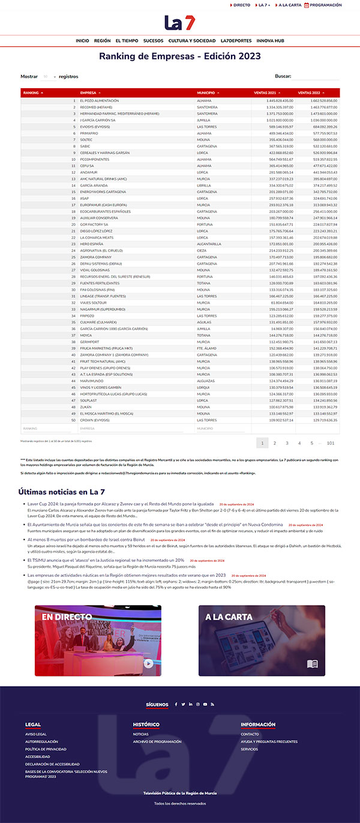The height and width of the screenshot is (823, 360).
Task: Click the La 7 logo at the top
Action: pos(179,23)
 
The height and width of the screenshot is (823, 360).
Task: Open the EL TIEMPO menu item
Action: pos(127,41)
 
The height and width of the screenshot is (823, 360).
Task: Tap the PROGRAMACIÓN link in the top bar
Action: pos(325,5)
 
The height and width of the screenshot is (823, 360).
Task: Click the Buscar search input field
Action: pos(316,77)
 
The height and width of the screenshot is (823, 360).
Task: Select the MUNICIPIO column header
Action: pos(222,93)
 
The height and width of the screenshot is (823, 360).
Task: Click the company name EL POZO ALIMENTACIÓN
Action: pos(100,101)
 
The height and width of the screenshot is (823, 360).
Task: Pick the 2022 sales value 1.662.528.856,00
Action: pos(324,101)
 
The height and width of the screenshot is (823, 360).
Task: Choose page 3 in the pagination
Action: pos(287,443)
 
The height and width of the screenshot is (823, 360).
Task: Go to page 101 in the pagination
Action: pos(330,443)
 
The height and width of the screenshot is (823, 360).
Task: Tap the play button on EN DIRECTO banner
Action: pos(148,663)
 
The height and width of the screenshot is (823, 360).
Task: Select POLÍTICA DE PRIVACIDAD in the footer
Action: pos(46,749)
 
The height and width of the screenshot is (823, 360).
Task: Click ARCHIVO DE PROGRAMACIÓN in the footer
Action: pos(157,741)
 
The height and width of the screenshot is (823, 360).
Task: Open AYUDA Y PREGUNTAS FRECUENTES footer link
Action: pos(269,741)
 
